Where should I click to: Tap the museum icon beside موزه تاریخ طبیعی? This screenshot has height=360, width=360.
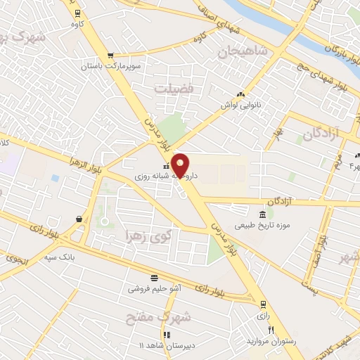coord(262,214)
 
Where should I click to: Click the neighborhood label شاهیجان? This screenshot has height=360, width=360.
coord(243,51)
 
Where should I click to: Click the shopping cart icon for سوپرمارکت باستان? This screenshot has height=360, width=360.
coord(110,56)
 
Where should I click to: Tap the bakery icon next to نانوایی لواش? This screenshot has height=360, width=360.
coord(241,95)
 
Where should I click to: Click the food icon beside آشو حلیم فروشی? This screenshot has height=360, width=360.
coord(154,277)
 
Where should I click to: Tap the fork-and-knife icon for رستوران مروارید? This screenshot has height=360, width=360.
coord(270,330)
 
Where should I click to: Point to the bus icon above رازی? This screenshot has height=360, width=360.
coord(263,304)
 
